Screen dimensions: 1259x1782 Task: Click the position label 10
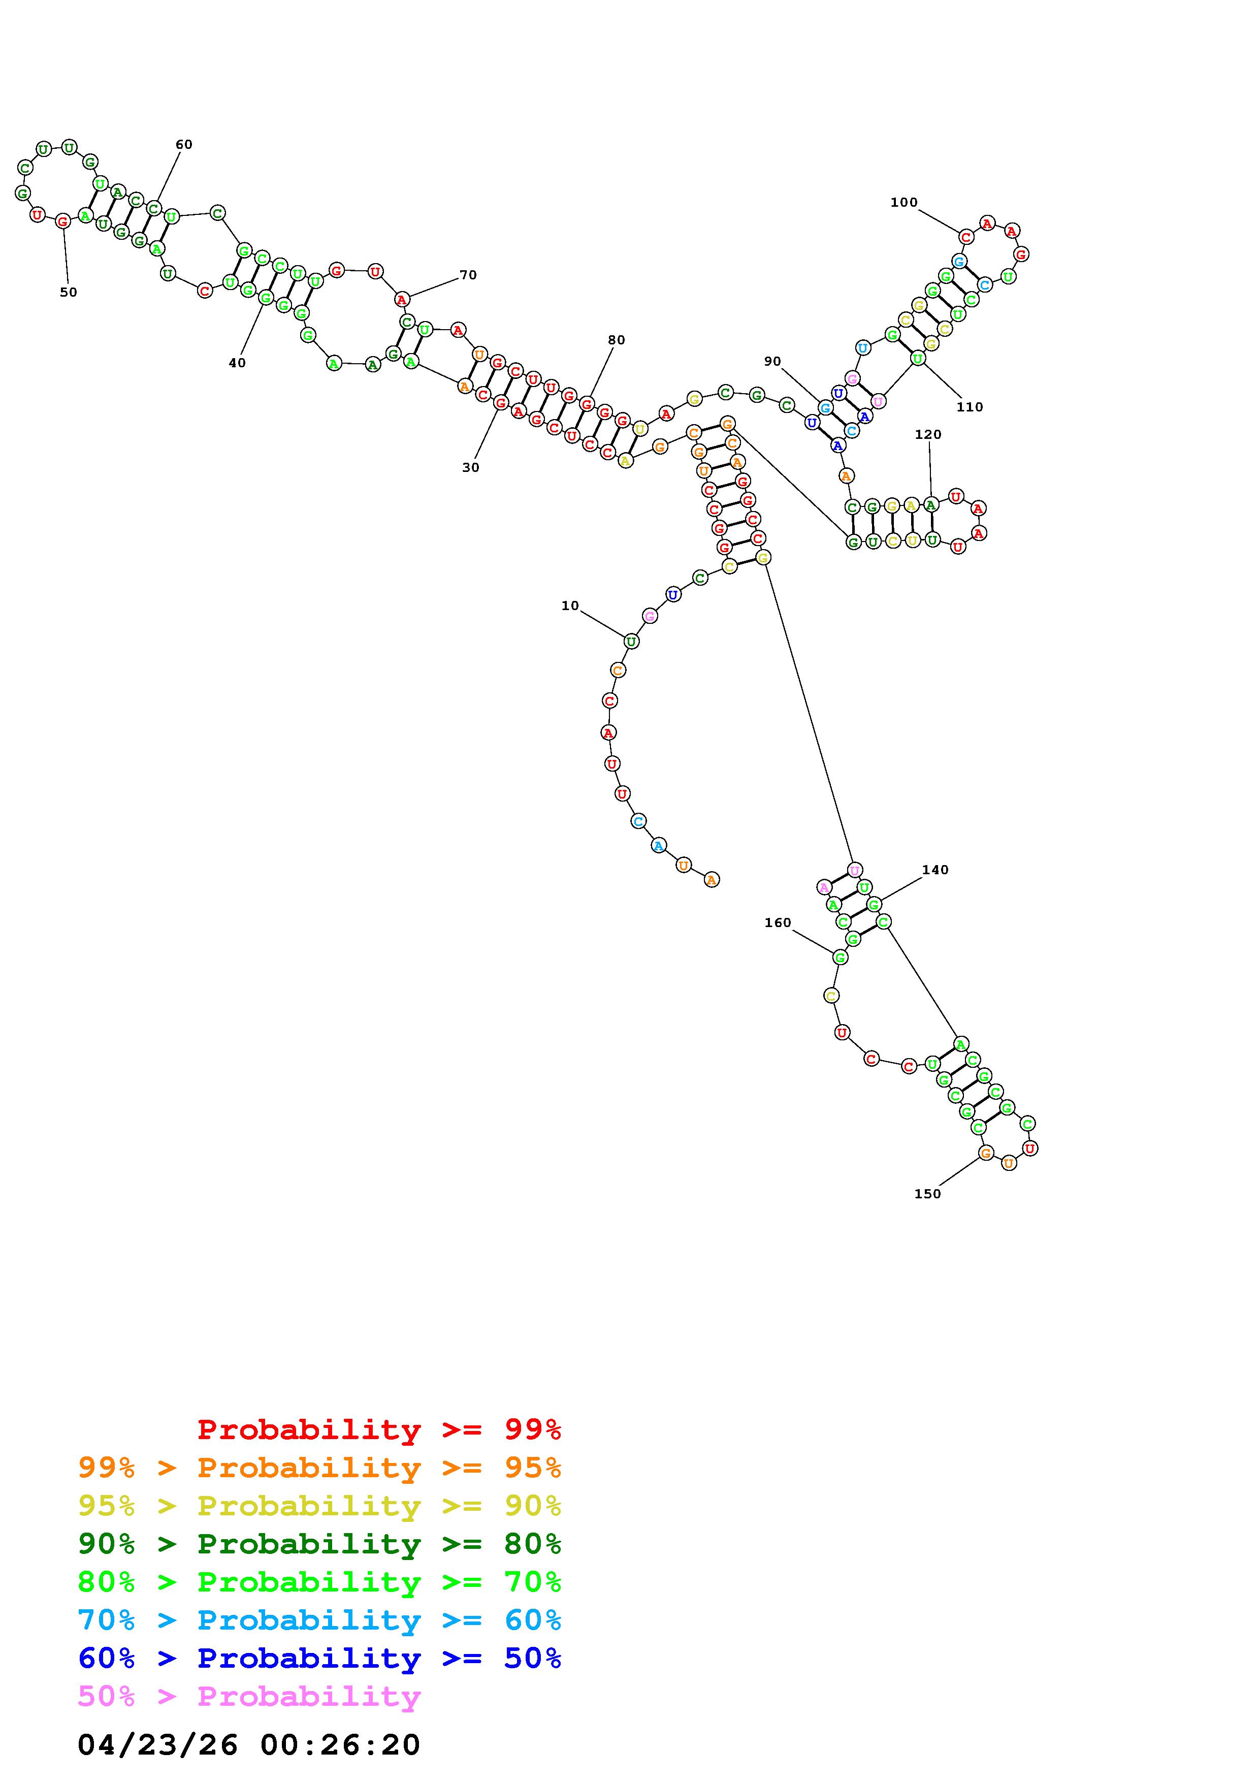pyautogui.click(x=570, y=606)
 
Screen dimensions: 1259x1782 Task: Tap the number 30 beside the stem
pyautogui.click(x=471, y=467)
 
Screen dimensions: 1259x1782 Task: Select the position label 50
pyautogui.click(x=68, y=293)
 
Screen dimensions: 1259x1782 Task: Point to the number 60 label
pyautogui.click(x=184, y=144)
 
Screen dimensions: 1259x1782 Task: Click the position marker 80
pyautogui.click(x=617, y=340)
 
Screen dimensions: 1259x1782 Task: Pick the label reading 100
pyautogui.click(x=903, y=203)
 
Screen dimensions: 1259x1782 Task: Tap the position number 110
pyautogui.click(x=970, y=407)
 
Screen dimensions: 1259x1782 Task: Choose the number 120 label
pyautogui.click(x=928, y=435)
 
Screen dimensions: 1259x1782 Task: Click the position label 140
pyautogui.click(x=935, y=870)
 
